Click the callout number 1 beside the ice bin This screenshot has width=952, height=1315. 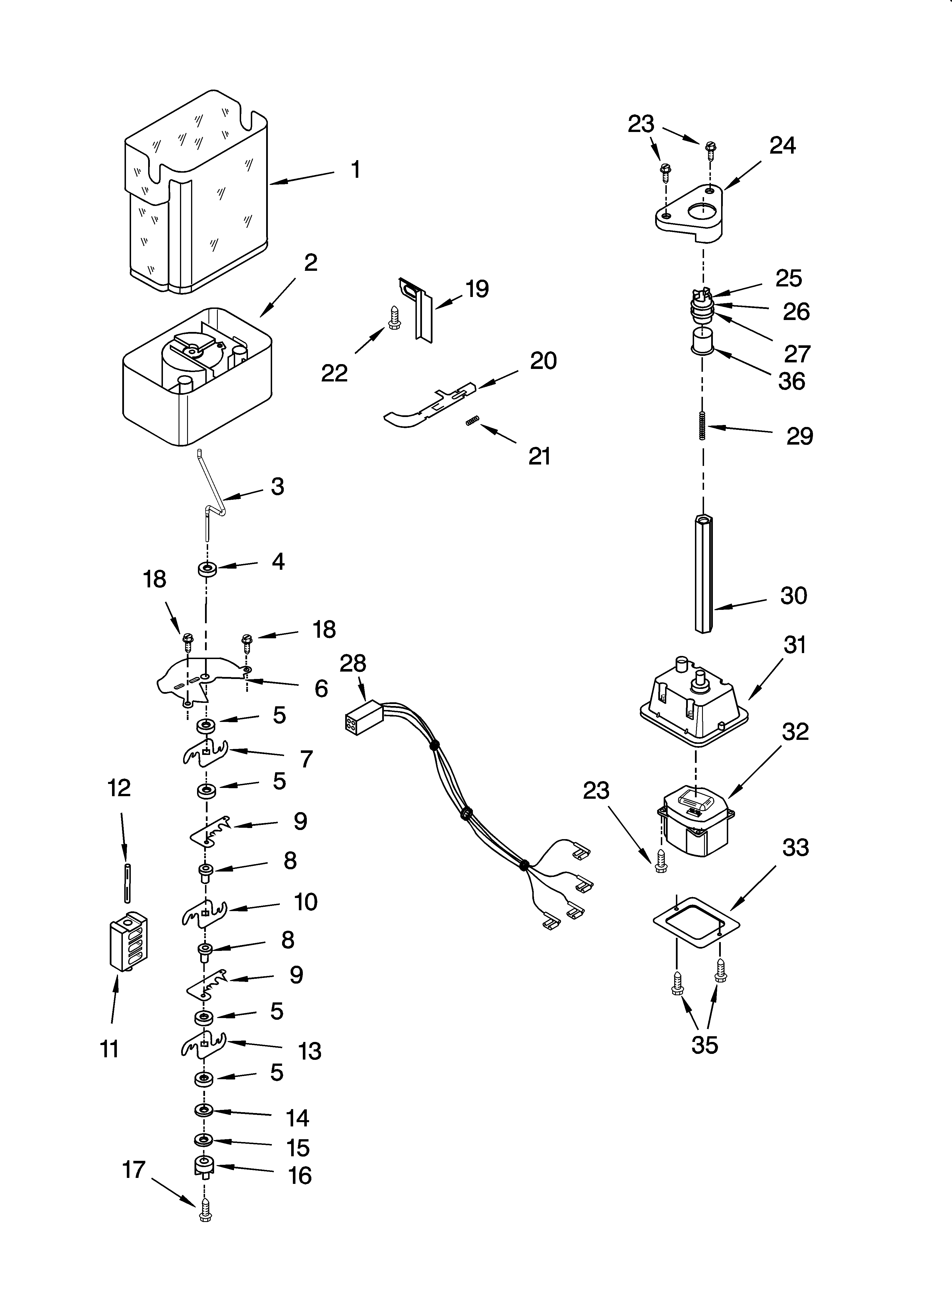click(x=355, y=170)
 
